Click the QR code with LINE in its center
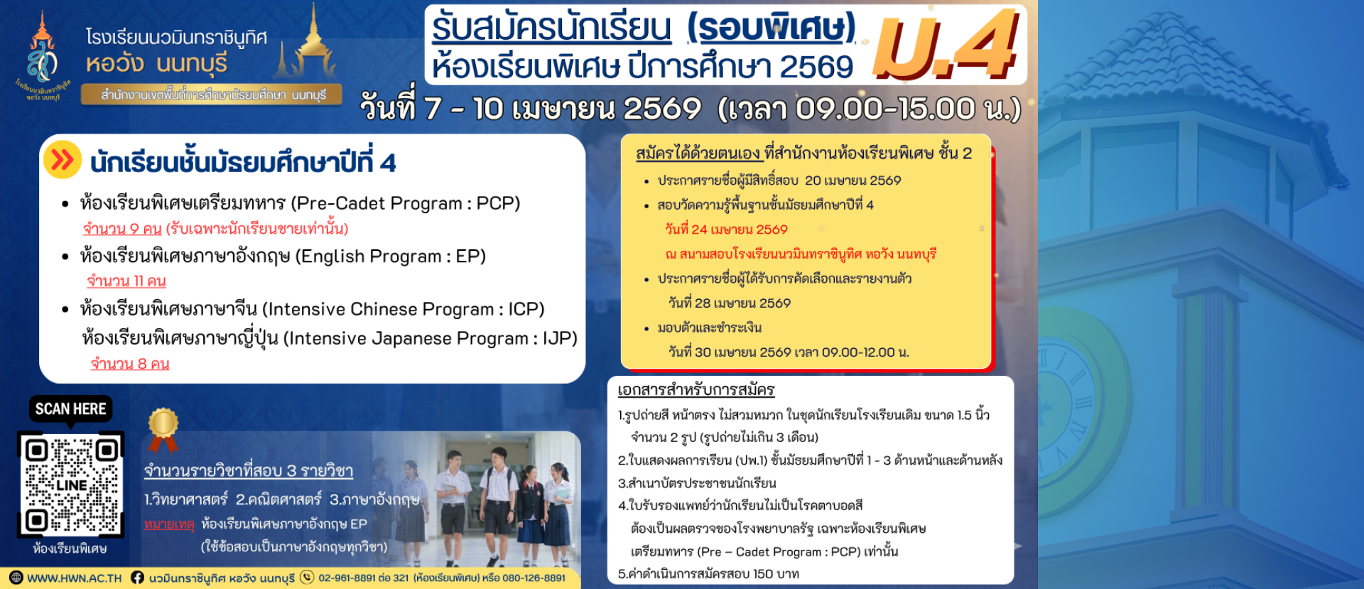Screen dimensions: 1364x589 (70, 485)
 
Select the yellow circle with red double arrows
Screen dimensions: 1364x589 (63, 159)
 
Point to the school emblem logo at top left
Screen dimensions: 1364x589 (42, 56)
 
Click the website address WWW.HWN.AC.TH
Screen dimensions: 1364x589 (75, 578)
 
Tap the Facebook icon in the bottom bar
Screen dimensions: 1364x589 (137, 578)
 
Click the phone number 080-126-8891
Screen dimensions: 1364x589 (534, 578)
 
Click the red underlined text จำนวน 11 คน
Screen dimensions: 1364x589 (126, 281)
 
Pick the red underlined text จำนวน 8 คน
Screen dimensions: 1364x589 (130, 364)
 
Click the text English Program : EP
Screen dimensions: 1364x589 (390, 256)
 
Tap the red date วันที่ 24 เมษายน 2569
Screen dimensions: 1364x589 (726, 229)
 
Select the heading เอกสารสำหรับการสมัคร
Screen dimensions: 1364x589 (696, 390)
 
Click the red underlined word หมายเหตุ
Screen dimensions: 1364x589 (169, 524)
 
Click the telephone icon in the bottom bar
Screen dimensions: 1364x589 (307, 578)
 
